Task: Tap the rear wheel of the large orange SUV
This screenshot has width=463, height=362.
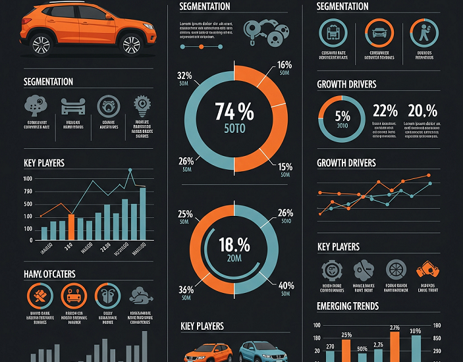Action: click(x=41, y=45)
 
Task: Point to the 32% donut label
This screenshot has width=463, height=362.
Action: click(x=184, y=75)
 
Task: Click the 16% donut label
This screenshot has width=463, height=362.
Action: click(x=285, y=65)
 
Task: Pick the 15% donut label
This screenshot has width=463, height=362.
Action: click(x=285, y=167)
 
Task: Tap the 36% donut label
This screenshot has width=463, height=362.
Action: click(x=186, y=290)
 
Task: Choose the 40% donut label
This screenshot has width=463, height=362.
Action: click(x=286, y=285)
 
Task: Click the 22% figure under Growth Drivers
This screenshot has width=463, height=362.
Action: click(x=385, y=110)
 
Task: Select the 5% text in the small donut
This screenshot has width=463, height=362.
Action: click(x=342, y=116)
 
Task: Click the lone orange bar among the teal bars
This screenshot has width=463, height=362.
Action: click(x=71, y=226)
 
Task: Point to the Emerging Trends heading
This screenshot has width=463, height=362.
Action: click(x=347, y=306)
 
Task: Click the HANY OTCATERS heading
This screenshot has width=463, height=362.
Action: click(x=49, y=273)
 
